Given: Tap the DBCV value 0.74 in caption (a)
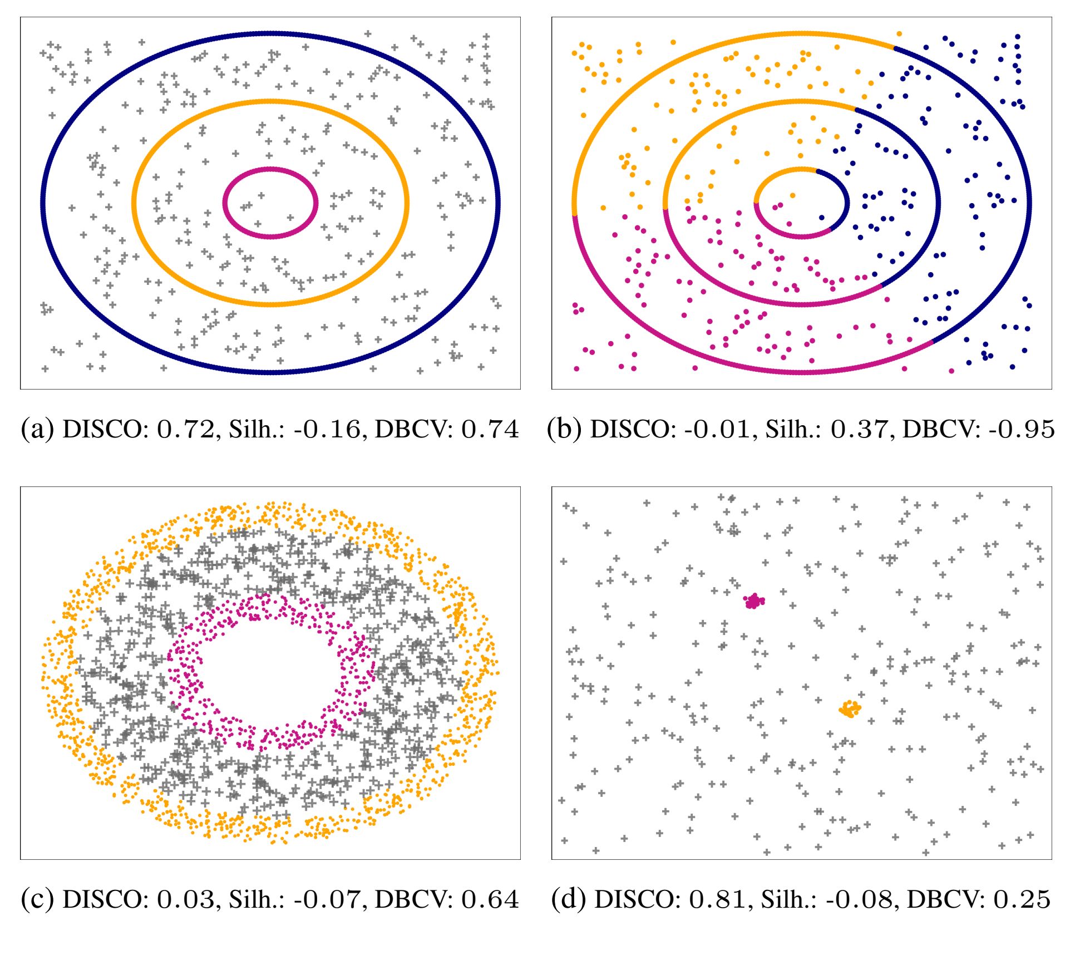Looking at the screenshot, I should (x=490, y=429).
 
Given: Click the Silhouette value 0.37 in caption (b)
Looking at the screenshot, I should (x=860, y=429).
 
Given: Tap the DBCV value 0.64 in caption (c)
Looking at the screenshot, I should (x=490, y=899).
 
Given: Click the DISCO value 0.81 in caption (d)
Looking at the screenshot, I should (x=717, y=899).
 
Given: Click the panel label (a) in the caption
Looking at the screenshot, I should (x=37, y=429).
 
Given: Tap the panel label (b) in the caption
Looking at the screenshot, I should (x=564, y=429).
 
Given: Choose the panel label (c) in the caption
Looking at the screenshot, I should (x=37, y=899).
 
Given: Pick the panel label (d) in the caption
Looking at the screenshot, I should (x=569, y=899).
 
